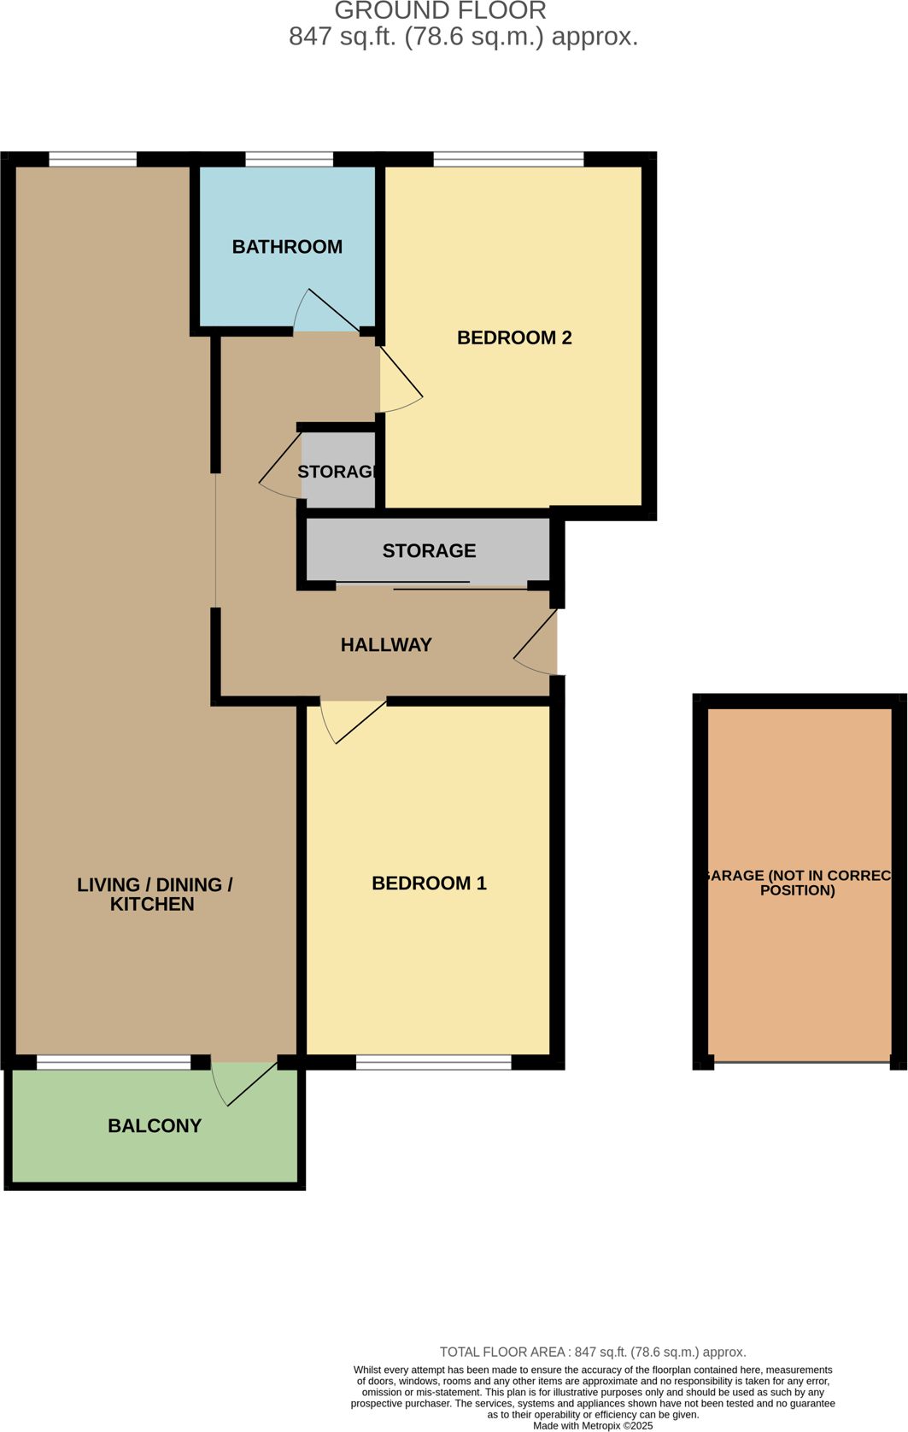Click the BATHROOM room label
[287, 247]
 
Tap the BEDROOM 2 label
[514, 337]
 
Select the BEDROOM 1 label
[429, 883]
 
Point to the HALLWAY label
[386, 645]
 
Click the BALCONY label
[155, 1126]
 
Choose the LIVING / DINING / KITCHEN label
[154, 895]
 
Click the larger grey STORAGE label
[429, 551]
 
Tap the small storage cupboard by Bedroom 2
[338, 472]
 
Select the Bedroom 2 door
[401, 380]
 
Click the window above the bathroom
[289, 159]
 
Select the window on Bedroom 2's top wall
[508, 159]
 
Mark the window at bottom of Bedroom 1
[433, 1063]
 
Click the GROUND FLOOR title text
[440, 11]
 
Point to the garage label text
[798, 883]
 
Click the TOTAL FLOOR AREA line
[592, 1352]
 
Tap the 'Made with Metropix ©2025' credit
[592, 1425]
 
